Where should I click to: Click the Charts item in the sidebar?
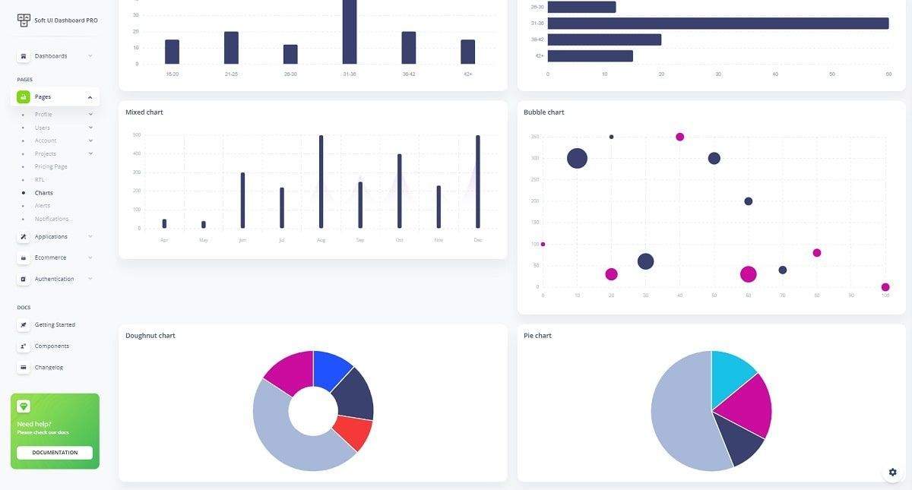[x=43, y=193]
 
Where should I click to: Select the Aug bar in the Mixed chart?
[x=321, y=182]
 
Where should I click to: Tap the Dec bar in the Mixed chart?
[x=478, y=182]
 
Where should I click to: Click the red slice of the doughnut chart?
[x=353, y=432]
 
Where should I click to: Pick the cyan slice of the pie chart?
[x=731, y=374]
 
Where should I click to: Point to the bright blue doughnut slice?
[x=331, y=368]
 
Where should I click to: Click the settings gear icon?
[x=892, y=472]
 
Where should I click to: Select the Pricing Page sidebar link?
[x=51, y=166]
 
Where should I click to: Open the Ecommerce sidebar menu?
[x=50, y=258]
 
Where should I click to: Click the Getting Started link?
[x=55, y=324]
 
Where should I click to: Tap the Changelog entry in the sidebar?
[x=49, y=367]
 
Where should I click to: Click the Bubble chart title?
[x=543, y=112]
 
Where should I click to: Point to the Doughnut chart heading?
[x=150, y=336]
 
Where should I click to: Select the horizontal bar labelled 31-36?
[x=717, y=23]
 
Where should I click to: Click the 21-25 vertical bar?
[x=231, y=48]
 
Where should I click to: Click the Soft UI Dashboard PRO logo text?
[x=65, y=21]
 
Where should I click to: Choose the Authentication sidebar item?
[x=54, y=279]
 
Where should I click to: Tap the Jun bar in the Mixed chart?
[x=242, y=201]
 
